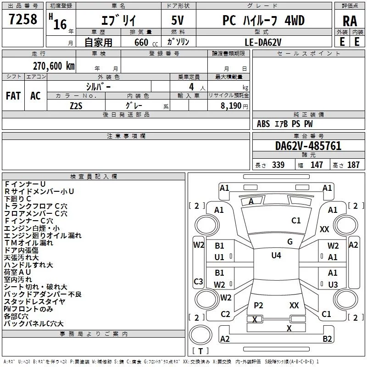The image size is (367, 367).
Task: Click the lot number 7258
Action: [x=23, y=19]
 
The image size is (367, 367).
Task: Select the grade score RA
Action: [x=350, y=21]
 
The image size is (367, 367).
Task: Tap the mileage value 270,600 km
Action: [x=54, y=66]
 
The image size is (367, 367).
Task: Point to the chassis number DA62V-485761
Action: [x=308, y=146]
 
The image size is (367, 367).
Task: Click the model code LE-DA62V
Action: [x=263, y=42]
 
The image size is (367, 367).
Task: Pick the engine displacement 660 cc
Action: [x=146, y=43]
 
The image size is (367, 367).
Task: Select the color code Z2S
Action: [x=76, y=106]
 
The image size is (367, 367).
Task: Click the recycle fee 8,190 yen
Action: [x=234, y=106]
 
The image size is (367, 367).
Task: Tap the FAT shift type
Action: [x=13, y=95]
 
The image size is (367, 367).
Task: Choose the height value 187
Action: [x=353, y=165]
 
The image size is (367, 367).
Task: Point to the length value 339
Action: [x=278, y=165]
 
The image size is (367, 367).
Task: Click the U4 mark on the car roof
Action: [x=276, y=256]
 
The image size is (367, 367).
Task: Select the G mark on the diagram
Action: [x=290, y=242]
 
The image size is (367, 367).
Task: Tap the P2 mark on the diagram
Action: [x=258, y=305]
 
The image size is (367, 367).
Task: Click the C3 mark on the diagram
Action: [x=198, y=281]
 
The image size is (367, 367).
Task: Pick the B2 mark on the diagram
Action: [x=327, y=339]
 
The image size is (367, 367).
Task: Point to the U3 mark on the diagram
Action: [x=333, y=284]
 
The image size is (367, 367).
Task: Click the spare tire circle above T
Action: [x=200, y=335]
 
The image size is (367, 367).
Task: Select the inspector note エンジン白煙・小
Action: [x=32, y=228]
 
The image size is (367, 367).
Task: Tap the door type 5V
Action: [x=178, y=20]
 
